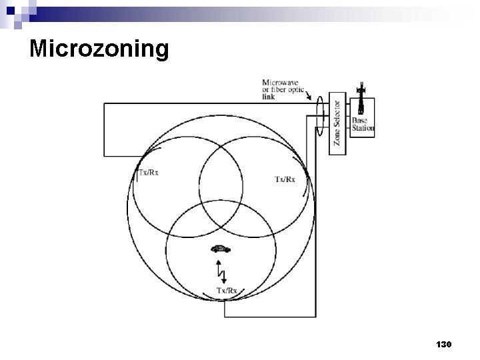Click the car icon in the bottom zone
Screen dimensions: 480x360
click(220, 249)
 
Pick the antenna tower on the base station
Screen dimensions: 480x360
click(361, 99)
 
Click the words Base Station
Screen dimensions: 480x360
click(363, 125)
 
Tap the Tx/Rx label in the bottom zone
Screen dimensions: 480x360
click(227, 290)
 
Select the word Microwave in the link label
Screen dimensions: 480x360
click(281, 82)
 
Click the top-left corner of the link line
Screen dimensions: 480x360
click(104, 104)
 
